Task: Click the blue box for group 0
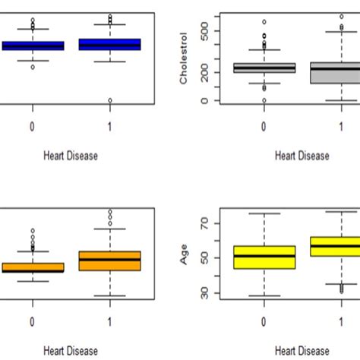click(x=33, y=46)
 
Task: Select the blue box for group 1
click(x=110, y=45)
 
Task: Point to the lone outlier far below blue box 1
click(x=110, y=100)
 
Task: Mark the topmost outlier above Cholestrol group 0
click(x=264, y=22)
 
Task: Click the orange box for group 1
click(x=110, y=261)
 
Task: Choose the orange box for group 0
click(x=33, y=267)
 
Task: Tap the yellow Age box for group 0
click(x=264, y=257)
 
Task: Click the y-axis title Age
click(x=183, y=257)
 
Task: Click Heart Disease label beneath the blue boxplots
click(x=69, y=156)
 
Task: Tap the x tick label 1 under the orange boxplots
click(x=110, y=321)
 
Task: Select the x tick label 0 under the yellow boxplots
click(x=264, y=321)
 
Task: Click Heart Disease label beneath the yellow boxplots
click(x=302, y=351)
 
